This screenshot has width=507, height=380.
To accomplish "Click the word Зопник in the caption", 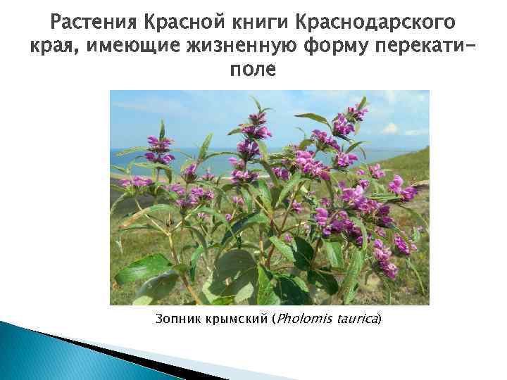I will [x=177, y=319].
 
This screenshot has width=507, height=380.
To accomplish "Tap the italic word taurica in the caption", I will [x=358, y=319].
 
